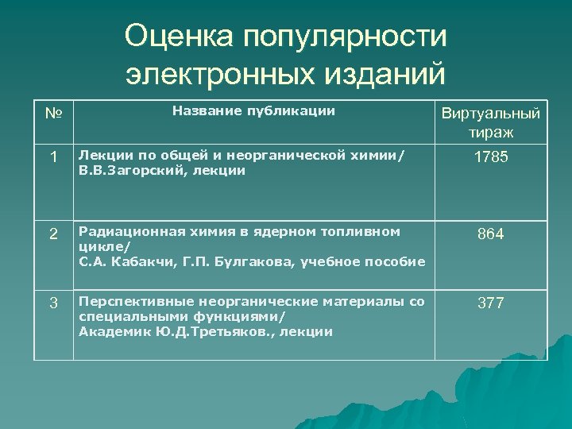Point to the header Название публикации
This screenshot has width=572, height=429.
pos(253,111)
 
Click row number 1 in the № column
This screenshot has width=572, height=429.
pos(53,158)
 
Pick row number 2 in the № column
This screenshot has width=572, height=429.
pos(53,234)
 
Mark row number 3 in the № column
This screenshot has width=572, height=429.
pos(53,303)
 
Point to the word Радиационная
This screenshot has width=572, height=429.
pos(124,231)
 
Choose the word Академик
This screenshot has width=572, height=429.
pos(108,331)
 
